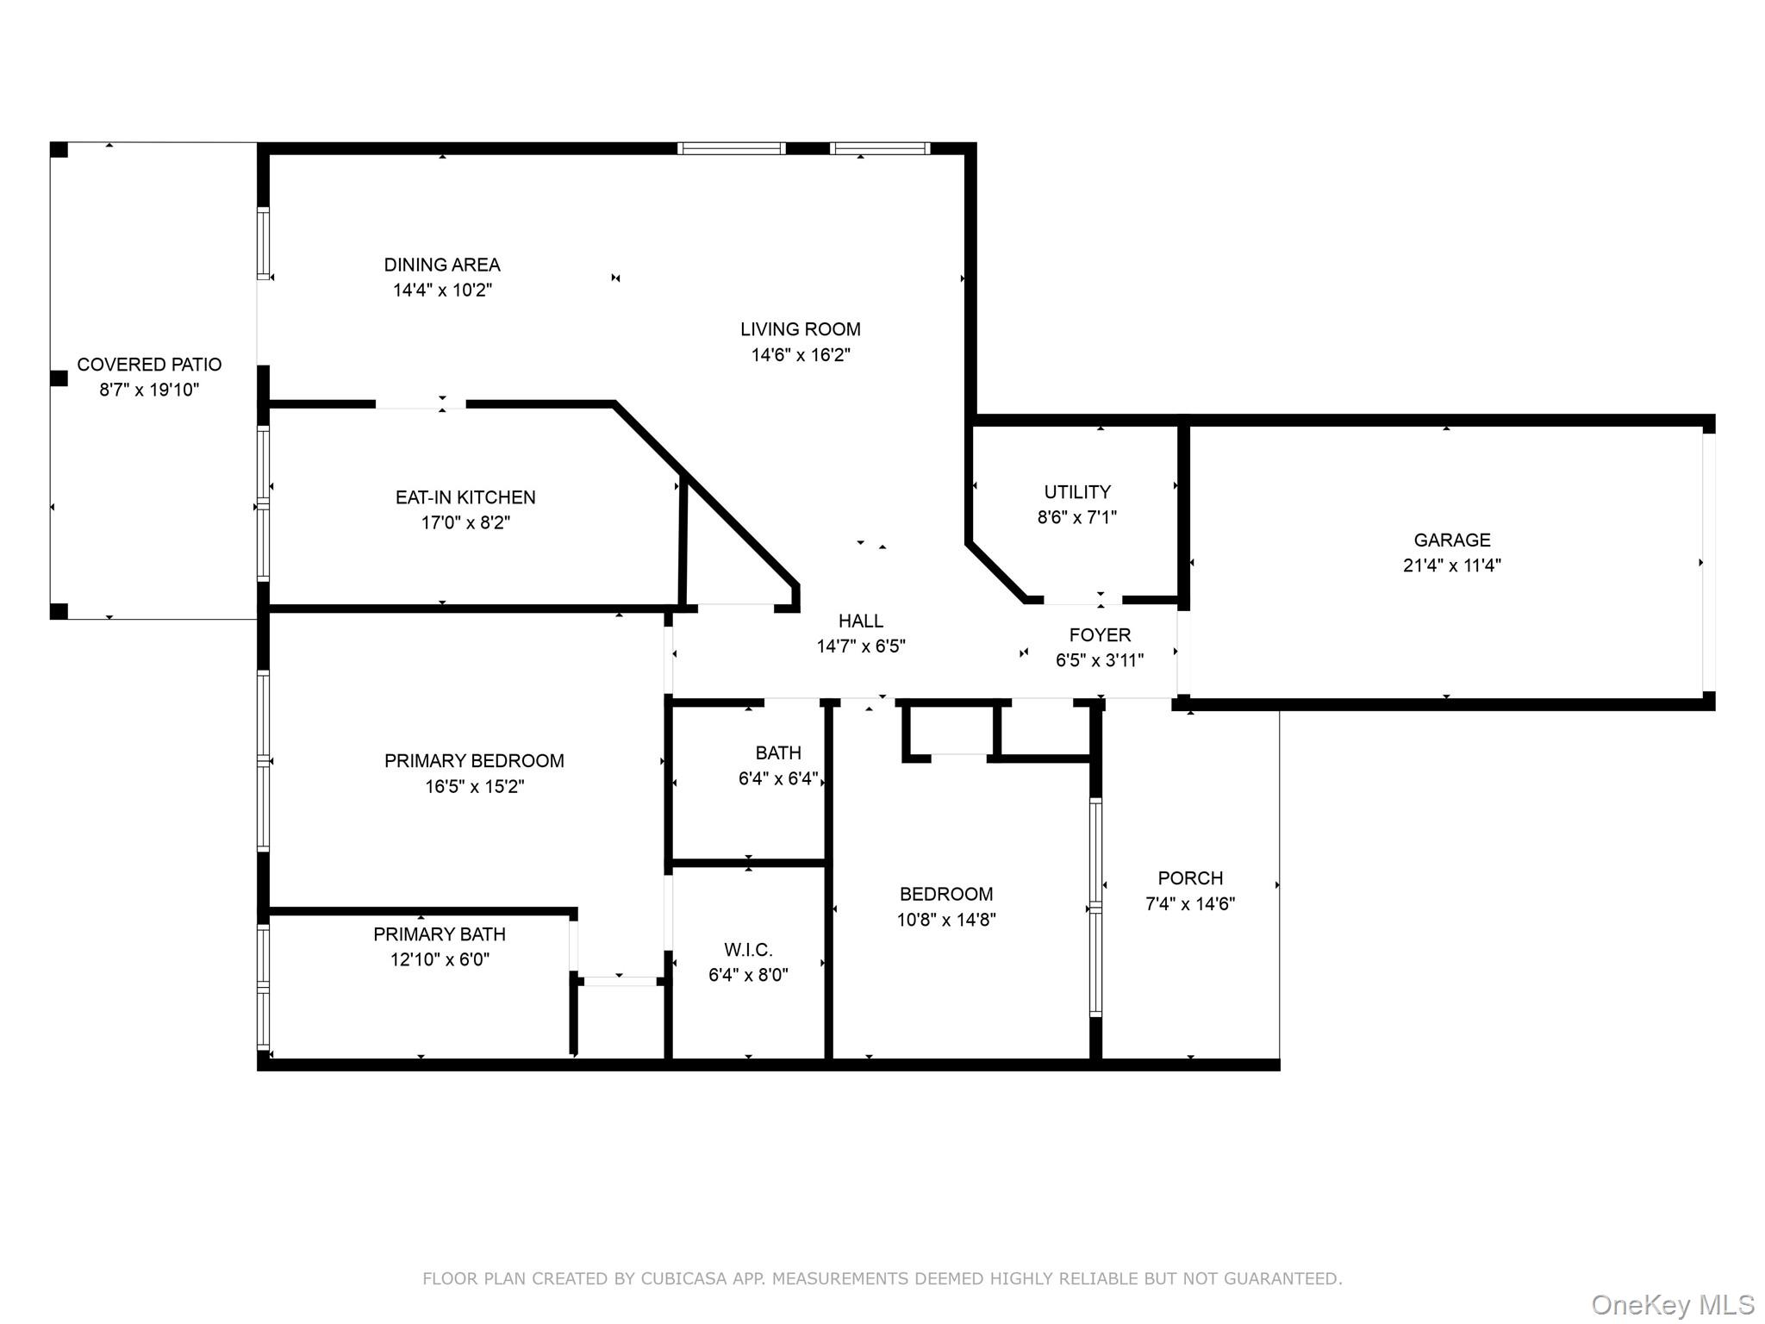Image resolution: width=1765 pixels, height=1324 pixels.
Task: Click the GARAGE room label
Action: pos(1451,540)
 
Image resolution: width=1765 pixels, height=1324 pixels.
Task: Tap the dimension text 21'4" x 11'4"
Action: pos(1451,565)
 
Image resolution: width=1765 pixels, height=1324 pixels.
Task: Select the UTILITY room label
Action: pos(1077,492)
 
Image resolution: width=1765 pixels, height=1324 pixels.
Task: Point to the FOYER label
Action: pos(1100,635)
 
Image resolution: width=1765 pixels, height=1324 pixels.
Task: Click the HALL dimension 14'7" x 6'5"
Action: pos(860,646)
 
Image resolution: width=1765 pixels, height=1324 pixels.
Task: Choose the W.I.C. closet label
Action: pos(748,950)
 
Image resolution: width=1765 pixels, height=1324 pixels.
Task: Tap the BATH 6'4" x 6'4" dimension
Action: pos(778,778)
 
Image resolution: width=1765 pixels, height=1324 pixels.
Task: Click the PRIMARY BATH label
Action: pos(440,934)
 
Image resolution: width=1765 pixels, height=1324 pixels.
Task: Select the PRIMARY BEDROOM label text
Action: pos(474,761)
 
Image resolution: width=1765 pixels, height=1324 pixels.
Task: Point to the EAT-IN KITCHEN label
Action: pos(465,497)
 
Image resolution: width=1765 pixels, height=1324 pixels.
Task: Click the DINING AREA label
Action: pos(442,265)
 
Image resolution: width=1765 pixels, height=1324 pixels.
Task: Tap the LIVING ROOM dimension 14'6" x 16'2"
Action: pos(801,354)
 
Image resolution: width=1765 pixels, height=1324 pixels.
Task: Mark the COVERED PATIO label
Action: pos(149,365)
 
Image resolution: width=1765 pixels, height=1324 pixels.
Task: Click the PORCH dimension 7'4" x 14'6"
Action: pos(1189,903)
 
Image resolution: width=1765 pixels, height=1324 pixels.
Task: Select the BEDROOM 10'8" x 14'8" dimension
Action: pos(946,920)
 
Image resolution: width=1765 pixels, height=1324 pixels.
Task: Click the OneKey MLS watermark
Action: pos(1672,1305)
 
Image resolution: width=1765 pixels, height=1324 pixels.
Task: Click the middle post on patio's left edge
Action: pos(59,378)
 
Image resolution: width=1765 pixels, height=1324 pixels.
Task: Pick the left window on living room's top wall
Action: pos(732,148)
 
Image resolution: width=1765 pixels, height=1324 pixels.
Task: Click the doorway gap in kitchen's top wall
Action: pos(421,403)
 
